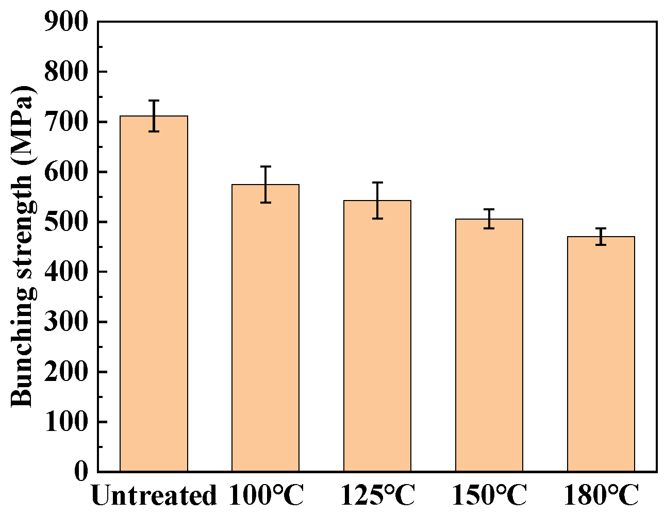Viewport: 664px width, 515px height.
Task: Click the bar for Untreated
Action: click(154, 294)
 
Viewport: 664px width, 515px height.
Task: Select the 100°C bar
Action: click(265, 328)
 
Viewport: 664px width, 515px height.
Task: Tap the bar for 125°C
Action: click(377, 336)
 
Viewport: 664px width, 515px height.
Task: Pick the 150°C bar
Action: click(489, 345)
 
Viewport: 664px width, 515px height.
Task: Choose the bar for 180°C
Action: click(601, 354)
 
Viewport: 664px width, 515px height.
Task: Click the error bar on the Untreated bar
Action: click(154, 116)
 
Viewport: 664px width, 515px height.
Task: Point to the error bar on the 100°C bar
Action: click(265, 185)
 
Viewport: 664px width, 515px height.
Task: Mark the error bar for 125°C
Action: click(377, 201)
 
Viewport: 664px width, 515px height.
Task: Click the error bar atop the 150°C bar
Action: click(489, 219)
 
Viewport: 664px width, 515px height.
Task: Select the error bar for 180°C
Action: click(601, 237)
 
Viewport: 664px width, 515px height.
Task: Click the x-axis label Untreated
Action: click(154, 496)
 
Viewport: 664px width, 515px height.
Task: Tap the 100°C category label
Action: click(265, 496)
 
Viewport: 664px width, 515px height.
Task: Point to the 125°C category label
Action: click(377, 496)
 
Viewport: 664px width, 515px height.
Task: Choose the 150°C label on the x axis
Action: click(489, 496)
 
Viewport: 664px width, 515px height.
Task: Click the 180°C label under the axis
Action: click(601, 496)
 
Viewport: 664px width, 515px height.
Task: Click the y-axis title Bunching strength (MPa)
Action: click(23, 246)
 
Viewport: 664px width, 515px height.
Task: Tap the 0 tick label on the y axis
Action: click(81, 472)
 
